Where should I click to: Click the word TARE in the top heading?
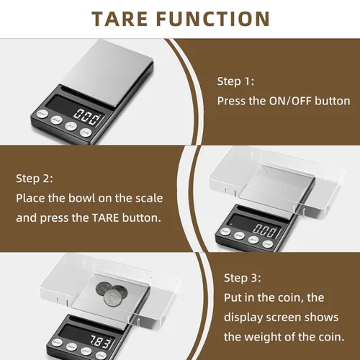pos(120,19)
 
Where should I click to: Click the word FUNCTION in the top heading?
pos(213,19)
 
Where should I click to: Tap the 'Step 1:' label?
pos(235,81)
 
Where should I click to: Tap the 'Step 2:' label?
pos(35,179)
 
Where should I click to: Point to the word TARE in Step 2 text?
pos(105,218)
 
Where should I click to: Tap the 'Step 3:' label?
pos(242,278)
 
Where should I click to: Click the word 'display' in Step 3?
pos(243,318)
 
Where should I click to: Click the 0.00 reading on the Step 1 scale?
pos(87,117)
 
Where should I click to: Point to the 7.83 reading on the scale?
pos(101,341)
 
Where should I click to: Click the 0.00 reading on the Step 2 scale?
pos(265,230)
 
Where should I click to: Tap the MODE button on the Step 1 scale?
pos(57,120)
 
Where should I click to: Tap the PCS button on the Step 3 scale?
pos(86,351)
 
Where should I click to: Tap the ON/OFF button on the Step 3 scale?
pos(57,343)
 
